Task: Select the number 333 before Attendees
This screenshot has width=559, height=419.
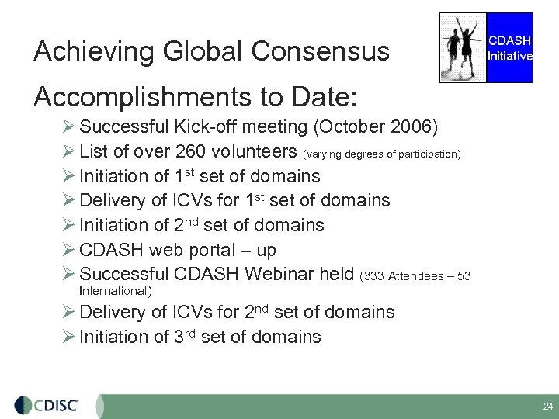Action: (374, 276)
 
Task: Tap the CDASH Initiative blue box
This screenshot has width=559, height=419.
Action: (509, 47)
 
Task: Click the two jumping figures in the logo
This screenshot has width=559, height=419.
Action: (463, 47)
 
